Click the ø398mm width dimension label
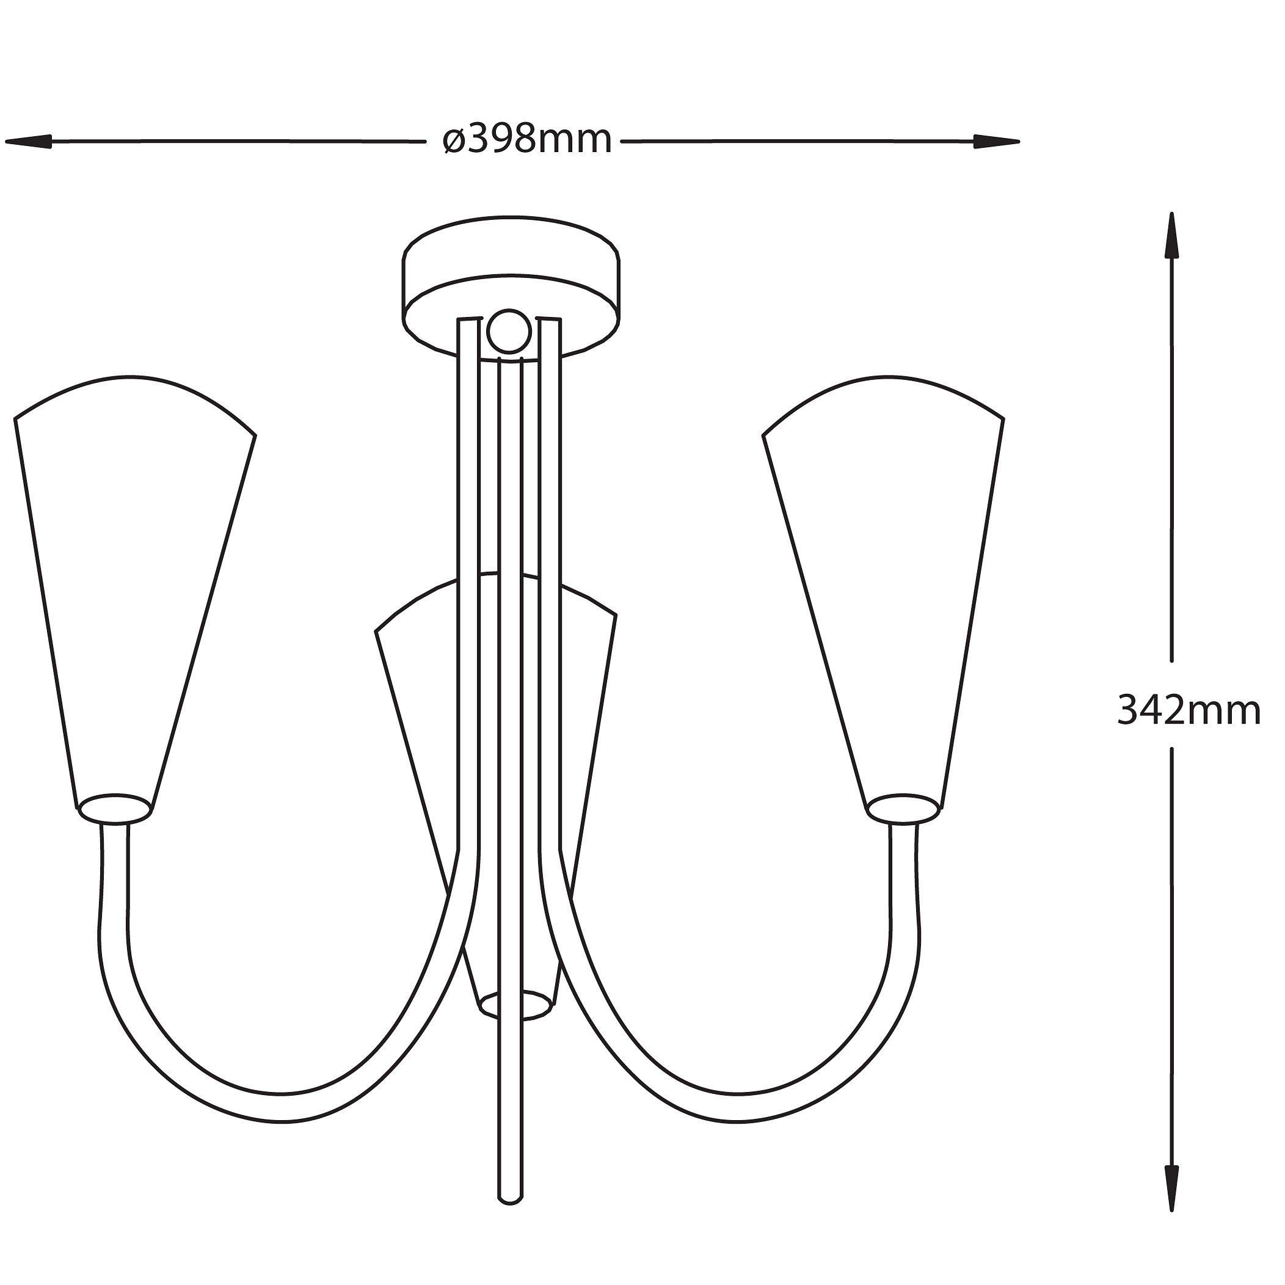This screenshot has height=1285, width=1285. click(527, 140)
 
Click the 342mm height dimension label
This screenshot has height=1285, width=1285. click(1189, 711)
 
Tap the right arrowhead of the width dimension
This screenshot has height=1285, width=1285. click(996, 141)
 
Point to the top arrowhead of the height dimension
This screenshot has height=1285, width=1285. click(1171, 236)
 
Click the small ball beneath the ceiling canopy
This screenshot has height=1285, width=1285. click(510, 330)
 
